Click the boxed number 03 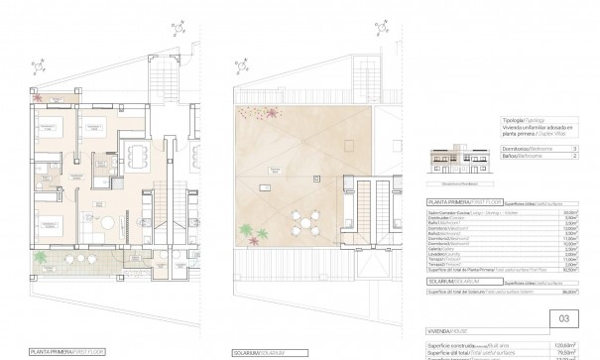564,319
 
